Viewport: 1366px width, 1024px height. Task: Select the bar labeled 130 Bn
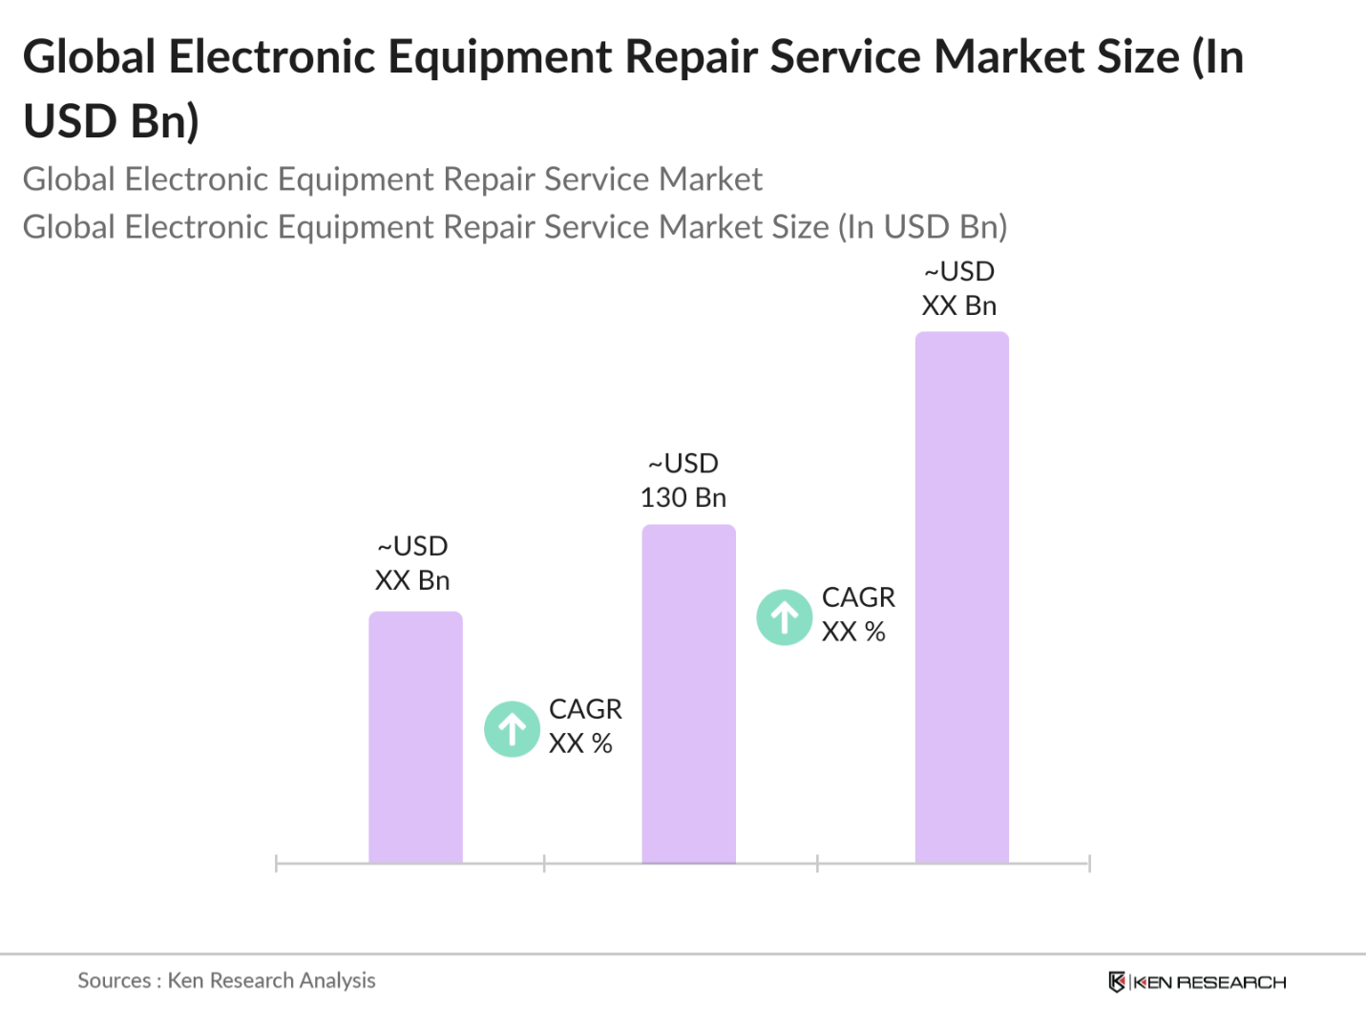(688, 694)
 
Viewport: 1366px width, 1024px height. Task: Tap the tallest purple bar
(961, 597)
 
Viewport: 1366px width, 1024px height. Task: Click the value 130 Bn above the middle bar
(683, 497)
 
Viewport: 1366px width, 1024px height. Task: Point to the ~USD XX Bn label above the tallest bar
(959, 288)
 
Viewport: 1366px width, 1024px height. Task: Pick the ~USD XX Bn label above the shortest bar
(412, 563)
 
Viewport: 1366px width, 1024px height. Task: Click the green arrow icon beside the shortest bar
(513, 729)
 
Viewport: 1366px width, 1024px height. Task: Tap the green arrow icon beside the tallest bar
(785, 617)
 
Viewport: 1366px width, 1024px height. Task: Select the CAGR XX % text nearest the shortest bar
(584, 726)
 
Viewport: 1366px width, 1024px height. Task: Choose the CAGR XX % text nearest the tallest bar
(857, 614)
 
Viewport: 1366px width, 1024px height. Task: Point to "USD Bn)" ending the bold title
(111, 121)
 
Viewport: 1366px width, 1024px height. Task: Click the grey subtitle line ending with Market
(392, 179)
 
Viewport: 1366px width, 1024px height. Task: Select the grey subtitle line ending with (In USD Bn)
(515, 227)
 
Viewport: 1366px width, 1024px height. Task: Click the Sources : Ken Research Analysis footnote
(226, 980)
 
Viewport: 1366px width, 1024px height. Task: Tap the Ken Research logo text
(1209, 982)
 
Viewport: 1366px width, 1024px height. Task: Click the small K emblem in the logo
(1116, 982)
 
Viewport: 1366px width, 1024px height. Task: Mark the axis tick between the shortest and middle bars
(544, 864)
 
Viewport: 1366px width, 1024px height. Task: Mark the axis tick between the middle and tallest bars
(817, 864)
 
